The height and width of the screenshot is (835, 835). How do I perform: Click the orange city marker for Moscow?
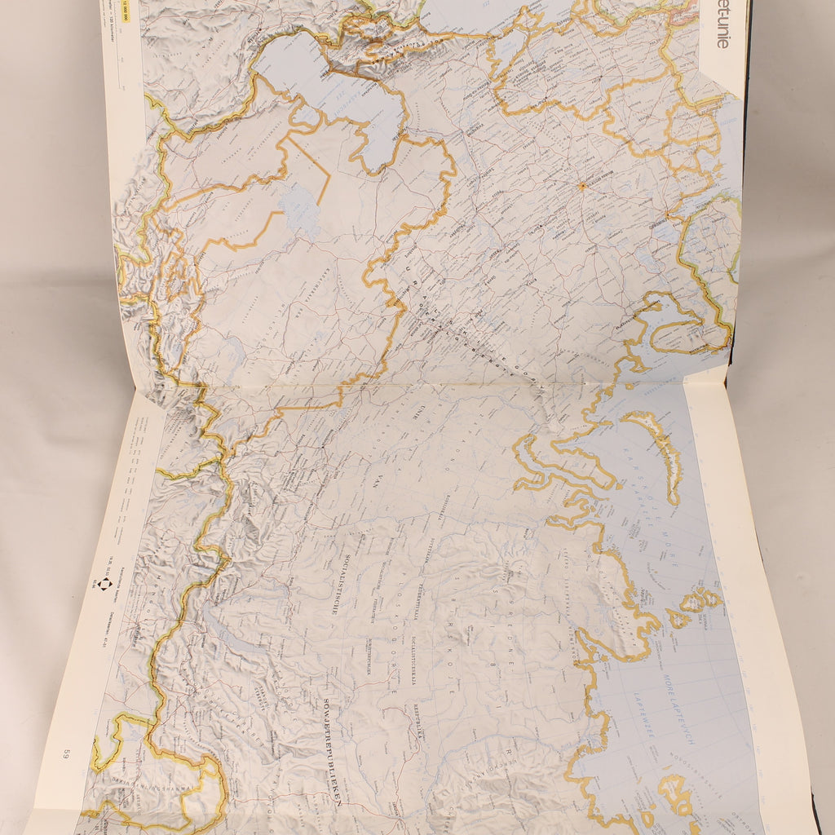pos(582,186)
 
